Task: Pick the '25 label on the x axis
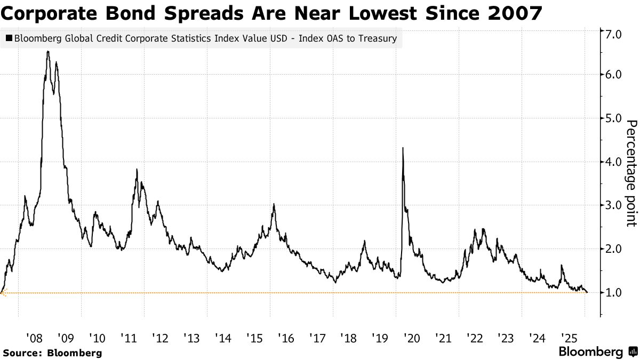(569, 338)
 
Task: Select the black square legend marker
(9, 38)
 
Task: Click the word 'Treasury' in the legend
(377, 38)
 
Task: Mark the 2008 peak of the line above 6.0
(48, 51)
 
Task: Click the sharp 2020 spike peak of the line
(402, 148)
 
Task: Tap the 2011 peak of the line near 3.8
(137, 170)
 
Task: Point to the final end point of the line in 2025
(587, 292)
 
